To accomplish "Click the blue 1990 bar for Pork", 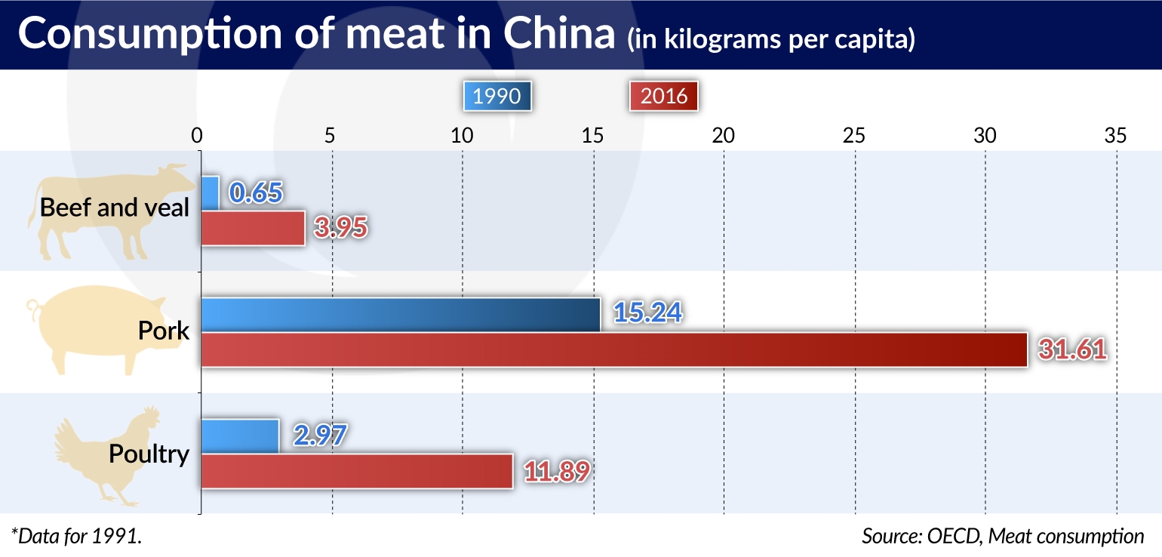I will coord(400,315).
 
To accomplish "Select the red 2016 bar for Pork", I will coord(613,349).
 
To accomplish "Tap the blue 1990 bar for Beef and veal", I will coord(210,193).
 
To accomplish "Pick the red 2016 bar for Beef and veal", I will coord(253,228).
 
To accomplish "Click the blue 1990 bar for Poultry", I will coord(240,436).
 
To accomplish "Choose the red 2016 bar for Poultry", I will coord(356,471).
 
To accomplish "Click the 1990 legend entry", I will coord(498,97).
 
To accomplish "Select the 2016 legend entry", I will coord(663,97).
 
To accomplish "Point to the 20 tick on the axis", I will coord(723,136).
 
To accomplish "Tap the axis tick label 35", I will coord(1115,136).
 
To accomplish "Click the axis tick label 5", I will coord(329,136).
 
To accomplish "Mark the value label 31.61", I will coord(1071,349).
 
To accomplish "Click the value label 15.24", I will coord(648,313).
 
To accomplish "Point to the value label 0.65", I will coord(256,192).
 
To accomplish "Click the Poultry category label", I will coord(149,454).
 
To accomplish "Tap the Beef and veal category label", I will coord(115,207).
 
